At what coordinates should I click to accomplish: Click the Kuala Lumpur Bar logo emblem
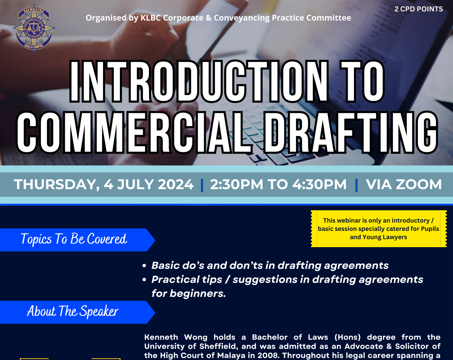[34, 29]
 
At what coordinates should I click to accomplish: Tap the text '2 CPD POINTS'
[418, 9]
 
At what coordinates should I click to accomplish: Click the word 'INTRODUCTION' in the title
[199, 81]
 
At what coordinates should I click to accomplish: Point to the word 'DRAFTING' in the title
[351, 132]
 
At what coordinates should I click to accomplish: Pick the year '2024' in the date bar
[176, 184]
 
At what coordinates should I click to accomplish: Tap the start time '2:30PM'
[237, 184]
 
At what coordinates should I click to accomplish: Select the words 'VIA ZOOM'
[404, 184]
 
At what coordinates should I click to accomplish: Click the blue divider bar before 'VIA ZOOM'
[357, 185]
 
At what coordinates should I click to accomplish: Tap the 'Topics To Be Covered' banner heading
[74, 239]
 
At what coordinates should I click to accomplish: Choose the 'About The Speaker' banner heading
[73, 311]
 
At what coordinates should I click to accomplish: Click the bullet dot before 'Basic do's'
[144, 266]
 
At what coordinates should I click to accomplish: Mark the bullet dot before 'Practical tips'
[144, 280]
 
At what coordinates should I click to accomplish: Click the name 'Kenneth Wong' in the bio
[176, 337]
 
